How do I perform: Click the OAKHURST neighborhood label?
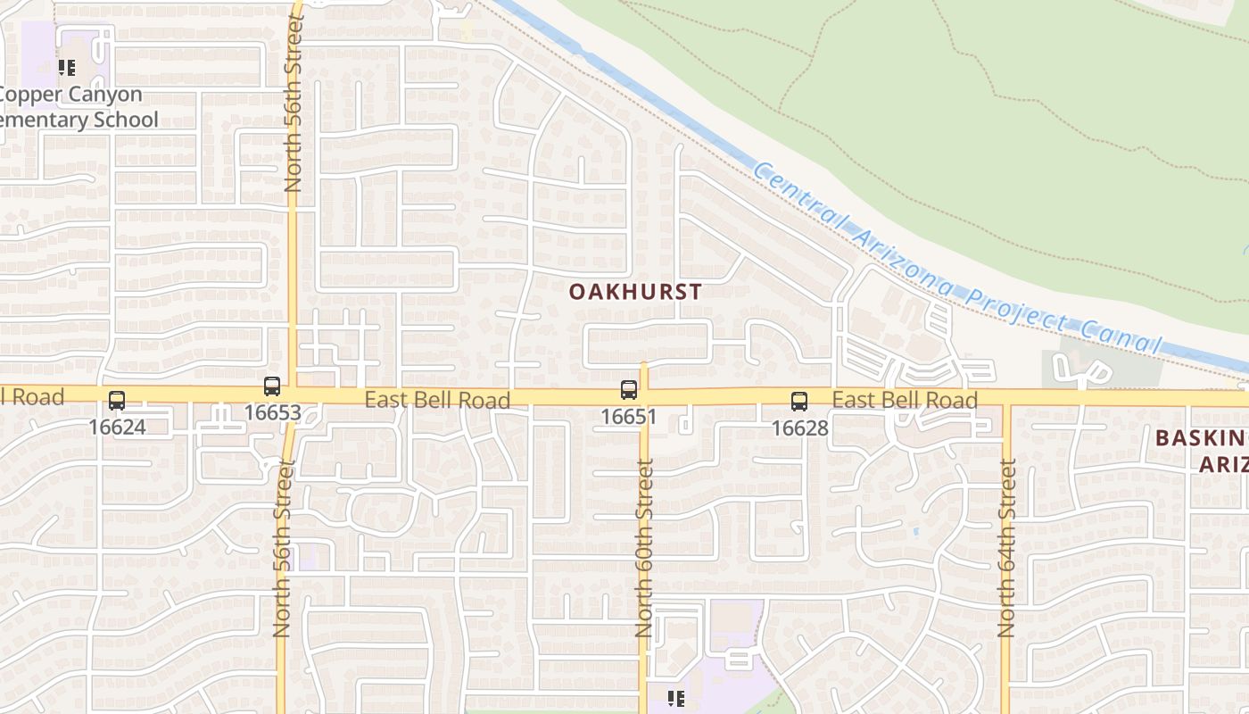[635, 292]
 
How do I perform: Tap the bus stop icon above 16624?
[117, 401]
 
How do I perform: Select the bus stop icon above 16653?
[272, 386]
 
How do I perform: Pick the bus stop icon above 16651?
[629, 390]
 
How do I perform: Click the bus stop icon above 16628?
[799, 402]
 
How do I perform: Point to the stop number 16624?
[117, 428]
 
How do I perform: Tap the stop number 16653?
[272, 413]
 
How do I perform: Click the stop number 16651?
[629, 417]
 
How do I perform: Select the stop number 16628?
[799, 428]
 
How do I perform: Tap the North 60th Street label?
[645, 547]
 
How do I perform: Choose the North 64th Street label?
[1007, 547]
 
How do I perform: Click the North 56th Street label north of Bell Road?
[294, 103]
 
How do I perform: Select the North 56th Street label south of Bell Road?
[283, 547]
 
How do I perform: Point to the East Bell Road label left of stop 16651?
[437, 400]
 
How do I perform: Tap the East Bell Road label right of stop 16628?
[905, 400]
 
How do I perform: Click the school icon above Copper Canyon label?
[66, 67]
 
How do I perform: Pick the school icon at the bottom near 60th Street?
[676, 698]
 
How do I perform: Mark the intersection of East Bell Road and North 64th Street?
[1006, 396]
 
